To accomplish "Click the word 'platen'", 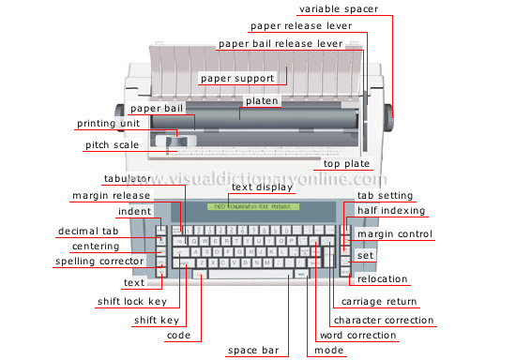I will [259, 100].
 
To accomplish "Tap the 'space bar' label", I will [252, 351].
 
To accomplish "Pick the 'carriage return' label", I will [379, 302].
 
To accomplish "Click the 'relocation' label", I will [383, 277].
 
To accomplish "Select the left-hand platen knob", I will [121, 110].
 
